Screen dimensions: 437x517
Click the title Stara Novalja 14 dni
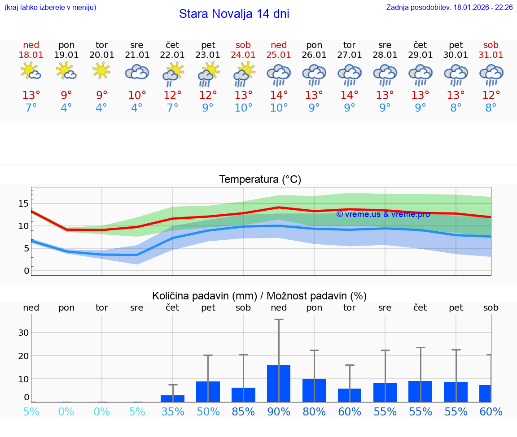[x=234, y=14]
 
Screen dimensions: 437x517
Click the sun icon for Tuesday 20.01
[x=102, y=71]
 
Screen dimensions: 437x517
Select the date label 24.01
[x=243, y=55]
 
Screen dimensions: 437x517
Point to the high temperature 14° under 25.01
[x=279, y=95]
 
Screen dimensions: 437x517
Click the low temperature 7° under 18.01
[x=31, y=108]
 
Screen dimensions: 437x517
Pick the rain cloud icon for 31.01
[x=491, y=75]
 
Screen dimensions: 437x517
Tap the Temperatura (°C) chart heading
[x=260, y=180]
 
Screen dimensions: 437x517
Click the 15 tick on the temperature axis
[x=23, y=204]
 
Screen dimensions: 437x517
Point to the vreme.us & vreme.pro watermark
[x=383, y=214]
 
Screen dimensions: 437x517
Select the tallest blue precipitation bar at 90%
[x=279, y=383]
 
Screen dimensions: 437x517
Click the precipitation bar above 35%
[x=172, y=398]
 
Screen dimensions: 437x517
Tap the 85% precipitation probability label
[x=243, y=411]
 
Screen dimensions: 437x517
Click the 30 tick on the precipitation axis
[x=23, y=333]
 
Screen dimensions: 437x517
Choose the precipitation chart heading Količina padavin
[x=259, y=296]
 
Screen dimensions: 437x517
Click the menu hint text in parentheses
[x=50, y=7]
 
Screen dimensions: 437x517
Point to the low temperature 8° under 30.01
[x=456, y=108]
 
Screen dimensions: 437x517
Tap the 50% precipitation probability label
[x=208, y=411]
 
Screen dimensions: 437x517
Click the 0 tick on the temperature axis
[x=26, y=271]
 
